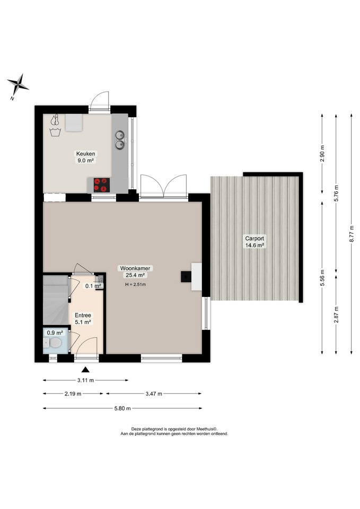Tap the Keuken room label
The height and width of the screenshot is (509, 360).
[x=86, y=154]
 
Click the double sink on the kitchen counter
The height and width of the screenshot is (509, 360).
[x=120, y=139]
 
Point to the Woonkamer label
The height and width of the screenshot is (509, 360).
[x=135, y=268]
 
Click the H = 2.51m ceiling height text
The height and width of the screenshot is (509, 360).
[x=135, y=285]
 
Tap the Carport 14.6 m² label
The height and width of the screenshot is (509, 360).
[x=254, y=242]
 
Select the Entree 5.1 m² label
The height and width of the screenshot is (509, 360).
[x=83, y=319]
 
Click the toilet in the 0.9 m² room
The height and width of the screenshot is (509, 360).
[x=52, y=343]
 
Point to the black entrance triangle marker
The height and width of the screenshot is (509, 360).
[x=85, y=370]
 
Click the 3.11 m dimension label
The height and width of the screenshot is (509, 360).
[x=85, y=380]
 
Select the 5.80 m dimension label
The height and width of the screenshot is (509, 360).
[x=122, y=408]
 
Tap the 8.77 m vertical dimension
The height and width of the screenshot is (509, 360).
[x=351, y=234]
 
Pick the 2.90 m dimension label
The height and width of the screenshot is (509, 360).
[x=322, y=153]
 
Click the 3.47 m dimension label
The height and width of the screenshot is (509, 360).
[x=154, y=394]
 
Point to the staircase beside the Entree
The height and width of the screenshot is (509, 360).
[x=56, y=300]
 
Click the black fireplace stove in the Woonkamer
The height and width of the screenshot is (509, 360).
[x=186, y=277]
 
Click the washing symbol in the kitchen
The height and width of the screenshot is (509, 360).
[x=55, y=132]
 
